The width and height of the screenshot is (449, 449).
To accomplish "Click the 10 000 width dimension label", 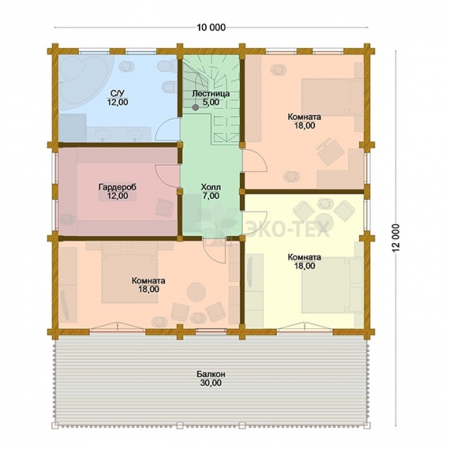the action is (211, 28).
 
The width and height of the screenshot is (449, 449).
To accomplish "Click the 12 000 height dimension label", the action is (396, 238).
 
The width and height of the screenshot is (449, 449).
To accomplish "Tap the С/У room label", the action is (118, 94).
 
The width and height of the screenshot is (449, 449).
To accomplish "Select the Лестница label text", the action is (211, 94).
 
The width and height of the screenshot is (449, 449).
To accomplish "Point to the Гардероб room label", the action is (118, 187).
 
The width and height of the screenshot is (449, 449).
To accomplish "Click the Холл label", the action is (211, 187).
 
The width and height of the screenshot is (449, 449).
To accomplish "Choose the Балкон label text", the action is (211, 374).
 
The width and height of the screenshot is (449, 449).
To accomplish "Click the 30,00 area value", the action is (211, 382).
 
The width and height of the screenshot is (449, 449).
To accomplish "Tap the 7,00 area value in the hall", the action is (211, 196).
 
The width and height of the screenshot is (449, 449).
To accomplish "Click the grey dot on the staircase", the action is (196, 108).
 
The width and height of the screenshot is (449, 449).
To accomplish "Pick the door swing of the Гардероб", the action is (166, 176).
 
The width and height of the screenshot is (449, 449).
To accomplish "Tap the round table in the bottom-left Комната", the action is (197, 292).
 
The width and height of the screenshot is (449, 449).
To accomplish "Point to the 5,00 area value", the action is (211, 102).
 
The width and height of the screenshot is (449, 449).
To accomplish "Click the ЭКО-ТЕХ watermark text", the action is (289, 229).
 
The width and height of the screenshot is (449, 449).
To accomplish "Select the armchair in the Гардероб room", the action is (165, 207).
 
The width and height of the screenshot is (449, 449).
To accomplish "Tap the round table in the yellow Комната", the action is (324, 221).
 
